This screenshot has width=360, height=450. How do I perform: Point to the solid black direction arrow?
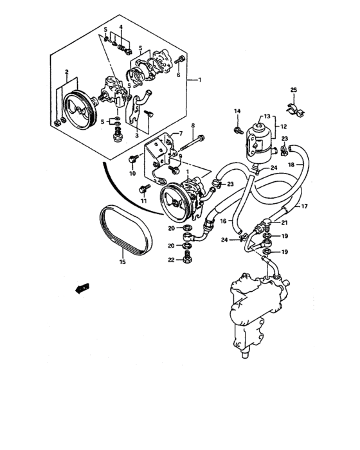click(80, 289)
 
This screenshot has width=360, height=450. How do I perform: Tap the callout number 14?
click(237, 112)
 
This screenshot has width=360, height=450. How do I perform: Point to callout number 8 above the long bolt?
click(192, 124)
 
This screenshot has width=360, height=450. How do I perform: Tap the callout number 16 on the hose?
click(224, 221)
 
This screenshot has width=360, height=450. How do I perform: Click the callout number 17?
click(305, 206)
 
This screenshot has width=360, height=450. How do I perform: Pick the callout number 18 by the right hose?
click(309, 165)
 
